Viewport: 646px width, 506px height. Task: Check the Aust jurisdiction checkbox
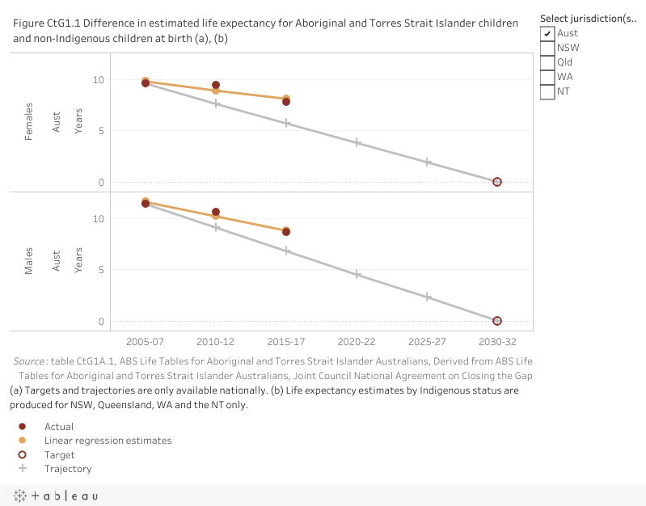coord(548,33)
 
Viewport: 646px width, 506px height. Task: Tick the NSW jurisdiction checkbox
coord(548,48)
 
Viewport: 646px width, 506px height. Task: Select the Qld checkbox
coord(548,62)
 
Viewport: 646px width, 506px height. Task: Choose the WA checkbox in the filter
coord(548,77)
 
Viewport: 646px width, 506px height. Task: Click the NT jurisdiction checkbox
coord(548,91)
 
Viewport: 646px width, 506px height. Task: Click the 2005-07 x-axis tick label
coord(146,343)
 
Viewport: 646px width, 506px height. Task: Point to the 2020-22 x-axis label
coord(357,343)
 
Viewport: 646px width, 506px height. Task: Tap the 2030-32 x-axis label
coord(497,343)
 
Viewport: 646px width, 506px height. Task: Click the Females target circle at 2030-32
coord(497,182)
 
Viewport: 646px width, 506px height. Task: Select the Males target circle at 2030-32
coord(497,321)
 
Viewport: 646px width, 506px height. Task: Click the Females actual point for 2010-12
coord(216,85)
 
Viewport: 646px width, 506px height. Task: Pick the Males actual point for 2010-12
coord(216,212)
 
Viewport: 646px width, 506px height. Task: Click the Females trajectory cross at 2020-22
coord(357,142)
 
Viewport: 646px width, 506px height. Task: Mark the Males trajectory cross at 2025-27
coord(427,297)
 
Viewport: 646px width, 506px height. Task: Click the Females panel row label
coord(29,122)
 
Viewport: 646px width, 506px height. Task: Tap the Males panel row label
coord(29,261)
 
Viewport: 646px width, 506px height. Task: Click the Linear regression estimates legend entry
coord(108,441)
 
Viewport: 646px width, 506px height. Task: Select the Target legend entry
coord(60,455)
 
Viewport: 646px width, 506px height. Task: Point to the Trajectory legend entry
coord(68,469)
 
